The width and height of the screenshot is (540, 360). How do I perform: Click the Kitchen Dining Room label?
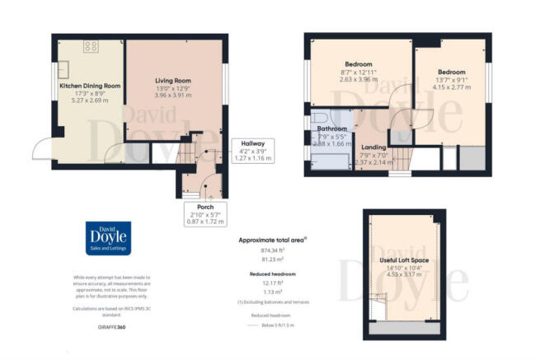coord(89,86)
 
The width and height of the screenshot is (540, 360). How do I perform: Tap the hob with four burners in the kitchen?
coord(90,47)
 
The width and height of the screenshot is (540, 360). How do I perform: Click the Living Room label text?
coord(173,81)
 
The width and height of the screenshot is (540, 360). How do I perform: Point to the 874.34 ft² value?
coord(270,250)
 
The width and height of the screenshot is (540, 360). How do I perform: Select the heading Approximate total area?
coord(270,240)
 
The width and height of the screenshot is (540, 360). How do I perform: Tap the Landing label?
coord(373,147)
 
